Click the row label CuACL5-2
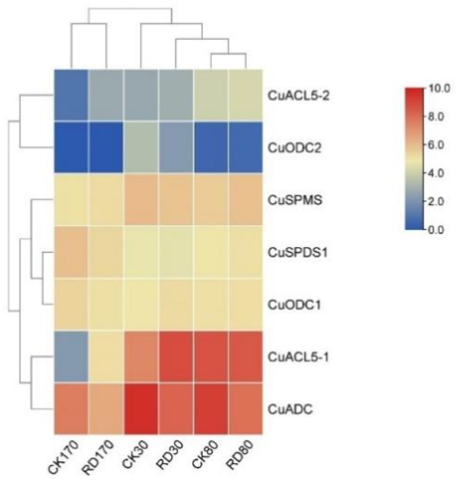(x=298, y=96)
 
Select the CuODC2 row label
(x=294, y=148)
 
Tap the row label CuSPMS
(x=295, y=200)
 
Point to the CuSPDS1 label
(x=297, y=252)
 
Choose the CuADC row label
(x=290, y=409)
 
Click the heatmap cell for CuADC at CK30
(x=141, y=409)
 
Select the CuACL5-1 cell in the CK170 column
(x=71, y=357)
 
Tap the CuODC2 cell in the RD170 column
(x=106, y=147)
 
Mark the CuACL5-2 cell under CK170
(x=71, y=95)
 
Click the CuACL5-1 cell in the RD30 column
(x=176, y=357)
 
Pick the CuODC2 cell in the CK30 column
(x=141, y=147)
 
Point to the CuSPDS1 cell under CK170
(x=71, y=252)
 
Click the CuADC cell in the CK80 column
(x=211, y=409)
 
